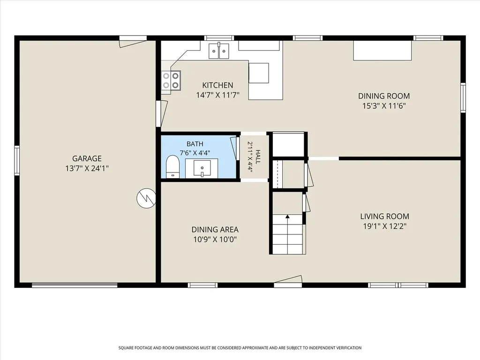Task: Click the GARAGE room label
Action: pyautogui.click(x=87, y=158)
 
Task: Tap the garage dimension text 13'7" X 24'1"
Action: pyautogui.click(x=87, y=168)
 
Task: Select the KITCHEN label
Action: pyautogui.click(x=217, y=85)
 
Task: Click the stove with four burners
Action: pyautogui.click(x=171, y=80)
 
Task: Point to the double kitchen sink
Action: pyautogui.click(x=219, y=51)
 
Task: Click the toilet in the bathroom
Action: pyautogui.click(x=172, y=166)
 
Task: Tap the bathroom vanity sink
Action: pyautogui.click(x=202, y=168)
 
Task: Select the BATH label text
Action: pyautogui.click(x=195, y=144)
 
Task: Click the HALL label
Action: pyautogui.click(x=258, y=157)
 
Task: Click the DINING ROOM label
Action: pyautogui.click(x=384, y=96)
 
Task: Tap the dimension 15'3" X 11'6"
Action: pyautogui.click(x=384, y=106)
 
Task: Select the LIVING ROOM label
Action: pyautogui.click(x=384, y=217)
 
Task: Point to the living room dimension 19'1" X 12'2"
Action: pyautogui.click(x=384, y=226)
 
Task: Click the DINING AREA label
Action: pyautogui.click(x=215, y=230)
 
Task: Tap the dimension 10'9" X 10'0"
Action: pyautogui.click(x=215, y=240)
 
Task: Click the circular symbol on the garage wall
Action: pyautogui.click(x=146, y=198)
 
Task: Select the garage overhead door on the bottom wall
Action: pyautogui.click(x=75, y=285)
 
